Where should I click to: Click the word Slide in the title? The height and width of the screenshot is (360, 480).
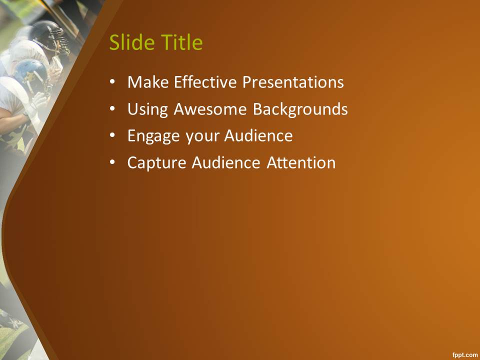coord(132,42)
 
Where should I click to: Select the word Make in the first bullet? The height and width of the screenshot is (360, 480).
coord(148,82)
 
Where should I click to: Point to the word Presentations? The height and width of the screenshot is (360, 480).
coord(293,82)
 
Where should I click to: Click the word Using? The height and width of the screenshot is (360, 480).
coord(147,109)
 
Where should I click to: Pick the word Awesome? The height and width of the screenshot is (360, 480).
coord(210,109)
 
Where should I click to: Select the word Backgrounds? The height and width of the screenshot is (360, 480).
coord(300,109)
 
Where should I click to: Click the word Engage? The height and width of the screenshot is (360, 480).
coord(153,136)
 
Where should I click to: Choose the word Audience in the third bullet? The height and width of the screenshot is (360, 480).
coord(258,135)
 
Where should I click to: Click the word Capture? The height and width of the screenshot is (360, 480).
coord(156,163)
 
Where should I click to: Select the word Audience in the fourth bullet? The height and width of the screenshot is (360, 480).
coord(226,162)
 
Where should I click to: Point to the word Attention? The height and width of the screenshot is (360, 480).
coord(301,162)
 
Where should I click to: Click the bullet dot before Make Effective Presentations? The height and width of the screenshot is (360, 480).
coord(112,82)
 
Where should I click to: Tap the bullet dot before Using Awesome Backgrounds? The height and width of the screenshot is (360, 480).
coord(112,108)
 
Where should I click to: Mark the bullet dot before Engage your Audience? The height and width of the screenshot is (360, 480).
coord(112,135)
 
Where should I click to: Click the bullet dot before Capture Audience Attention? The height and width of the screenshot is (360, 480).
coord(112,162)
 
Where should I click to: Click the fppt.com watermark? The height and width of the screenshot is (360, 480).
coord(464,355)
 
